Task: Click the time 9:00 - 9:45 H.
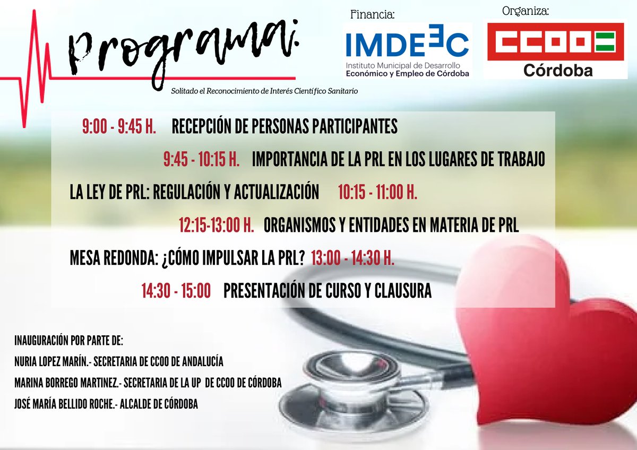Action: point(118,127)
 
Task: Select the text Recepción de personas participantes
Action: point(285,127)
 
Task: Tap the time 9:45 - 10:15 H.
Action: point(201,160)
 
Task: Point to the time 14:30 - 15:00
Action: point(176,291)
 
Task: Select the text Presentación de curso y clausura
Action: point(328,291)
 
